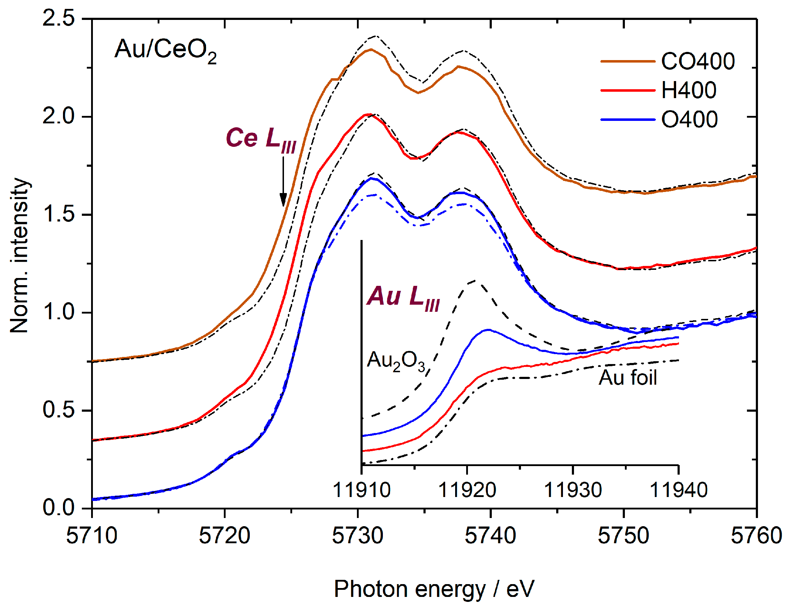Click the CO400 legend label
click(x=697, y=62)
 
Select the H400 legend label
click(x=688, y=90)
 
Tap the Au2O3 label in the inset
click(x=396, y=361)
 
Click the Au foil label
click(x=628, y=378)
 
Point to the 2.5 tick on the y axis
click(x=59, y=18)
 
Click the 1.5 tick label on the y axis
click(x=59, y=214)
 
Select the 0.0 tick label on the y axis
click(x=59, y=508)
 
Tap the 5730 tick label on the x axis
click(x=357, y=536)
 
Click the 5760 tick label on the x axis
click(x=756, y=536)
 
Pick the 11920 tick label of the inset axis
click(x=467, y=491)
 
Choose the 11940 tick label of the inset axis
click(x=678, y=491)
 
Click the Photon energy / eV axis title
click(x=433, y=589)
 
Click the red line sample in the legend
click(x=628, y=90)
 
